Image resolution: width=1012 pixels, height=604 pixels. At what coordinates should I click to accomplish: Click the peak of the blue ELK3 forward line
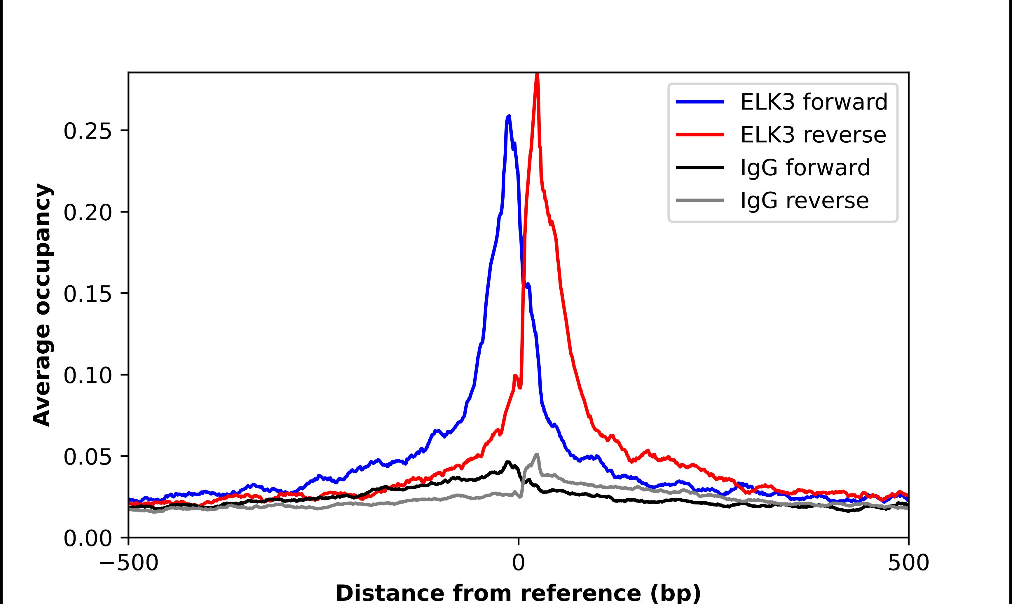pos(509,117)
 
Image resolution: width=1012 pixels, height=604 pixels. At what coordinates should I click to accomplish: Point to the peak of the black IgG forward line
pos(507,462)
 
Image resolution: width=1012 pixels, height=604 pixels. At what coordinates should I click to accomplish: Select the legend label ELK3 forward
pos(814,102)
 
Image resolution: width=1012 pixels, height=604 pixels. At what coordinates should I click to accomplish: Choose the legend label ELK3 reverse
pos(813,135)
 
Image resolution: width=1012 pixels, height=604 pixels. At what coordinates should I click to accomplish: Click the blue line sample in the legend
pos(700,102)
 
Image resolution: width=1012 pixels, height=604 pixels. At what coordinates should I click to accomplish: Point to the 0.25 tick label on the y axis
pos(88,132)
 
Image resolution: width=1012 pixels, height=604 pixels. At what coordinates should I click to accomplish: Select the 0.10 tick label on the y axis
pos(88,375)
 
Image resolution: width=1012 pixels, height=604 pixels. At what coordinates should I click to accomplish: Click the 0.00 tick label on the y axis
pos(88,538)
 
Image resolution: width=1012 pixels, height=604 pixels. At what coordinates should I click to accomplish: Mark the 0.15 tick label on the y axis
pos(88,294)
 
